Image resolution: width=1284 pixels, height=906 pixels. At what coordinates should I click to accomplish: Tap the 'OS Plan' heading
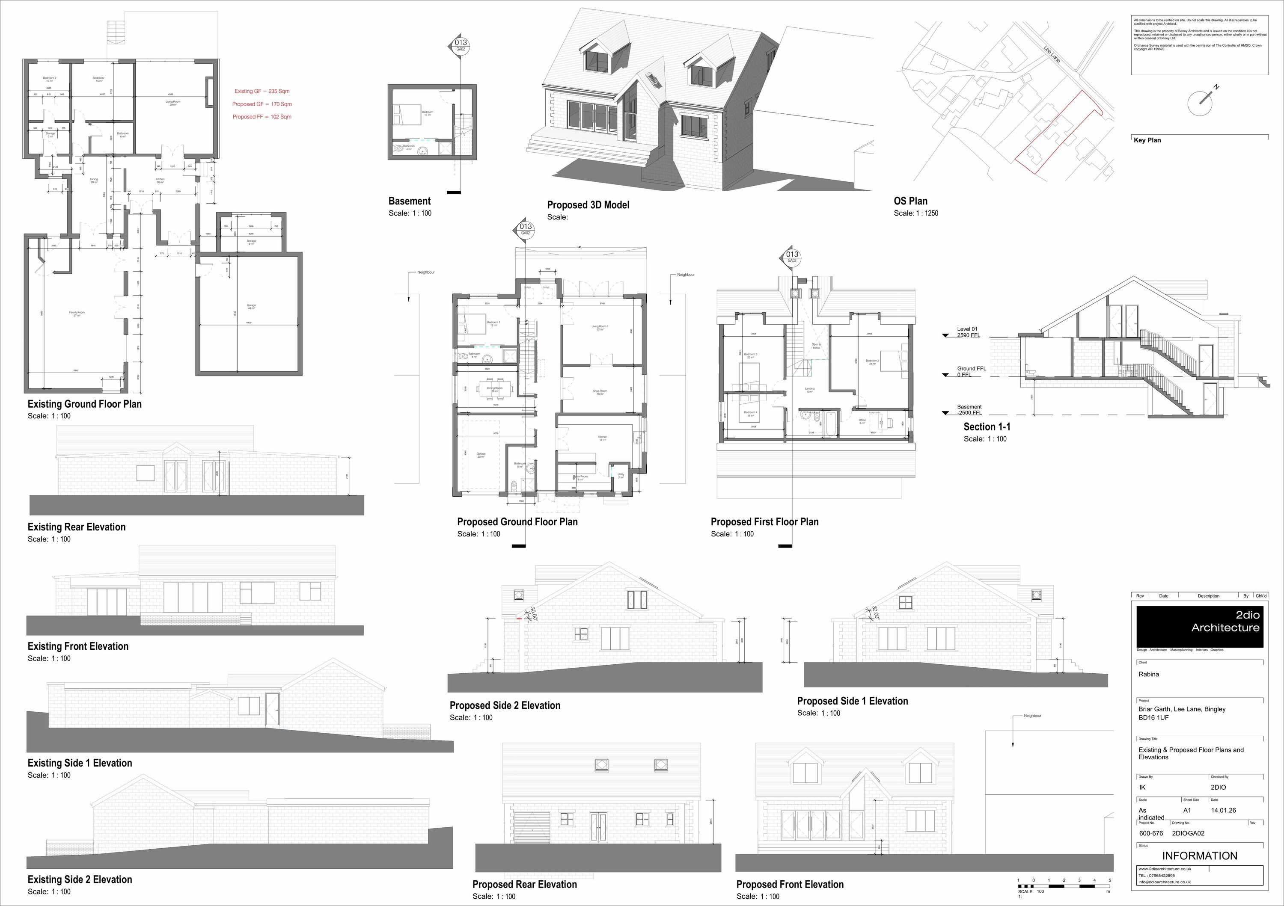(910, 201)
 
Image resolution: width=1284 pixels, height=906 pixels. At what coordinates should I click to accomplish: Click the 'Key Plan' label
(1147, 140)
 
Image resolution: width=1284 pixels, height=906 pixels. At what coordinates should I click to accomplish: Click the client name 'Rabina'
(1149, 674)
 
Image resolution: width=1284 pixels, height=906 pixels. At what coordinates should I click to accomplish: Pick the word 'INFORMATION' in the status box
(1200, 856)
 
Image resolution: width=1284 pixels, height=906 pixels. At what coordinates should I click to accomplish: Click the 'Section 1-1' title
(987, 427)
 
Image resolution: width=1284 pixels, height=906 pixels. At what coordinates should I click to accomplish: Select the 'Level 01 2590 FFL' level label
(968, 332)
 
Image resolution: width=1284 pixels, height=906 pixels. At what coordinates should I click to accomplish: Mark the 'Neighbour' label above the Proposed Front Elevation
(1032, 715)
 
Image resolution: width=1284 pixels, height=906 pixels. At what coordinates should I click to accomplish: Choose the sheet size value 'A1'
(1187, 810)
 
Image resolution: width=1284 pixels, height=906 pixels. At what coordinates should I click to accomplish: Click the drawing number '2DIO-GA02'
(1188, 833)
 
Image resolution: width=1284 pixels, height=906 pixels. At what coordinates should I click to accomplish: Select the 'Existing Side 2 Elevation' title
(80, 879)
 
